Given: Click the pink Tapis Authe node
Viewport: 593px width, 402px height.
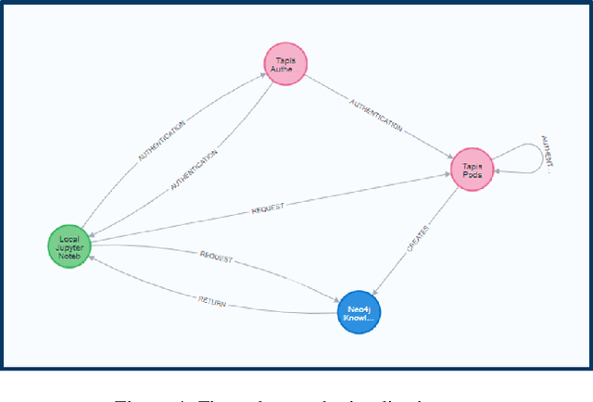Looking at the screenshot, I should coord(284,65).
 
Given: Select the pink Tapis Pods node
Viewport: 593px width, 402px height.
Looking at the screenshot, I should coord(473,170).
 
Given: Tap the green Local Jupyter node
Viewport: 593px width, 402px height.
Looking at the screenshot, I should coord(69,246).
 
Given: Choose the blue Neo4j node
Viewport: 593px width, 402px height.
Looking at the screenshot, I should coord(359,311).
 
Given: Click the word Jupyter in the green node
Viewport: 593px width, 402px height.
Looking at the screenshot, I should coord(69,246).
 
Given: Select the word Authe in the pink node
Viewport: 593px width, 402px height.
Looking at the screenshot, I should coord(284,69).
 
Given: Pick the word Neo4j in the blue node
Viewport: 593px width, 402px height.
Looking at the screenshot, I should coord(359,307).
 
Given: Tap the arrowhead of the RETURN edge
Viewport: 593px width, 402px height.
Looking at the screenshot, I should coord(91,260).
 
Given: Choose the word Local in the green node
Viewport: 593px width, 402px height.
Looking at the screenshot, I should coord(69,238).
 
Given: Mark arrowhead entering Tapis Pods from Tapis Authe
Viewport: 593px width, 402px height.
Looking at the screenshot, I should coord(450,158).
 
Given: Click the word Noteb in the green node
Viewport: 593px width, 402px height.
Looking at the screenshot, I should coord(69,255).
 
